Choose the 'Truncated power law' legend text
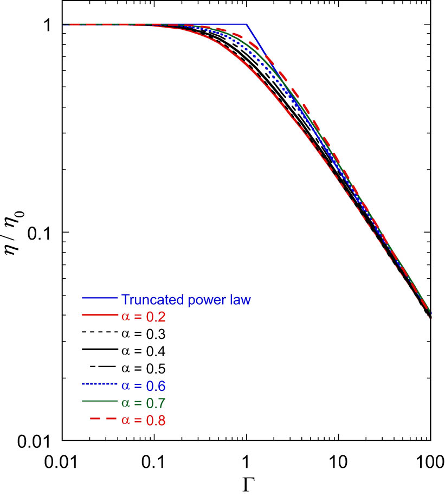click(x=186, y=299)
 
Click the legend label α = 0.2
click(x=142, y=317)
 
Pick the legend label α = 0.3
click(x=142, y=334)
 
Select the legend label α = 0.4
click(x=142, y=351)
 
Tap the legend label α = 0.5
click(x=142, y=369)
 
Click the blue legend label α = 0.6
click(x=142, y=386)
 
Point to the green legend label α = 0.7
click(x=142, y=403)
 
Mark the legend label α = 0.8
click(x=142, y=420)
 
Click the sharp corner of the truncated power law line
click(x=247, y=24)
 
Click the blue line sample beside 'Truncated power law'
click(x=99, y=299)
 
